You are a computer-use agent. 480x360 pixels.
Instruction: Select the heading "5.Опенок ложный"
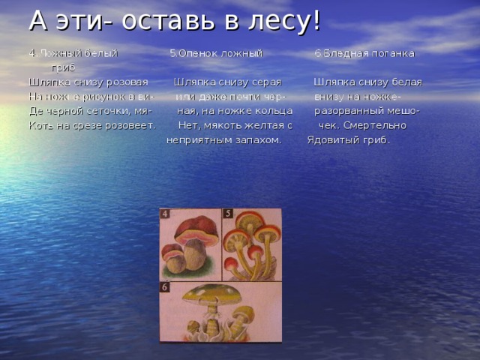point(215,54)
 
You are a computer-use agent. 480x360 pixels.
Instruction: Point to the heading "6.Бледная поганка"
point(364,54)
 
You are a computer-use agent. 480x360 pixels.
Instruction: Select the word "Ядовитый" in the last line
point(331,139)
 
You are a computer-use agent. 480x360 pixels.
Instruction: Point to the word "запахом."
point(260,139)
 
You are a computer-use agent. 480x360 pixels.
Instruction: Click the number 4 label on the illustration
point(165,214)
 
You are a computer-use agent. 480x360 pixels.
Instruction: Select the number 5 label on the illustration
point(227,214)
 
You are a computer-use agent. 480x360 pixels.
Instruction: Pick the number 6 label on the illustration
point(165,287)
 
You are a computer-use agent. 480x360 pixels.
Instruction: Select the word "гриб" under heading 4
point(62,68)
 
